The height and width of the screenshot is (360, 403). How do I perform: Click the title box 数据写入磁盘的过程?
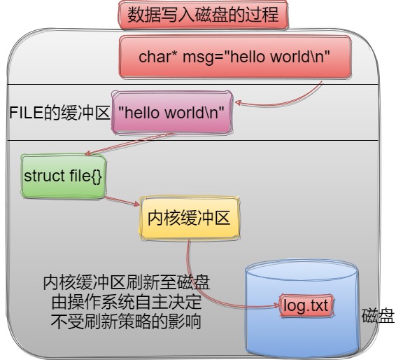click(203, 14)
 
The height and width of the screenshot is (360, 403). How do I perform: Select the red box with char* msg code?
click(235, 57)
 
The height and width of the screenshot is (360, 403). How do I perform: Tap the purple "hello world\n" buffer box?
click(172, 113)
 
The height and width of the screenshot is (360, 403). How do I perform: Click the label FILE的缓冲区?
click(59, 113)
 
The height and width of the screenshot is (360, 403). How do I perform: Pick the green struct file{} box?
click(64, 176)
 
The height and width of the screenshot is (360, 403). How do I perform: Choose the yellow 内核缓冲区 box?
click(190, 219)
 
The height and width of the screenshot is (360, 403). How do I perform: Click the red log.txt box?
click(306, 305)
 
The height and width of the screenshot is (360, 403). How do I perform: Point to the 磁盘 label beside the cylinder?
click(378, 315)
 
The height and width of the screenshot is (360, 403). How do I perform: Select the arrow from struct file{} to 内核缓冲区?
click(122, 201)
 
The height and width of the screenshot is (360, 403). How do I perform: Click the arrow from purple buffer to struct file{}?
click(129, 144)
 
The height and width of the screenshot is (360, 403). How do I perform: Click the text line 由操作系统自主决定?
click(127, 302)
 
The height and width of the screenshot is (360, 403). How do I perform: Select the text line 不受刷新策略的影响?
click(126, 321)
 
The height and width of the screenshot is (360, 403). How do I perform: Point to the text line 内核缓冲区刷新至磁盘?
click(127, 282)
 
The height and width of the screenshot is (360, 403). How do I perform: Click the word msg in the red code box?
click(198, 57)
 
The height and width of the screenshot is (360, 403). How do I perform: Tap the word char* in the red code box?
click(158, 57)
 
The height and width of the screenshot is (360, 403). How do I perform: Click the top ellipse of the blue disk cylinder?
click(302, 270)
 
